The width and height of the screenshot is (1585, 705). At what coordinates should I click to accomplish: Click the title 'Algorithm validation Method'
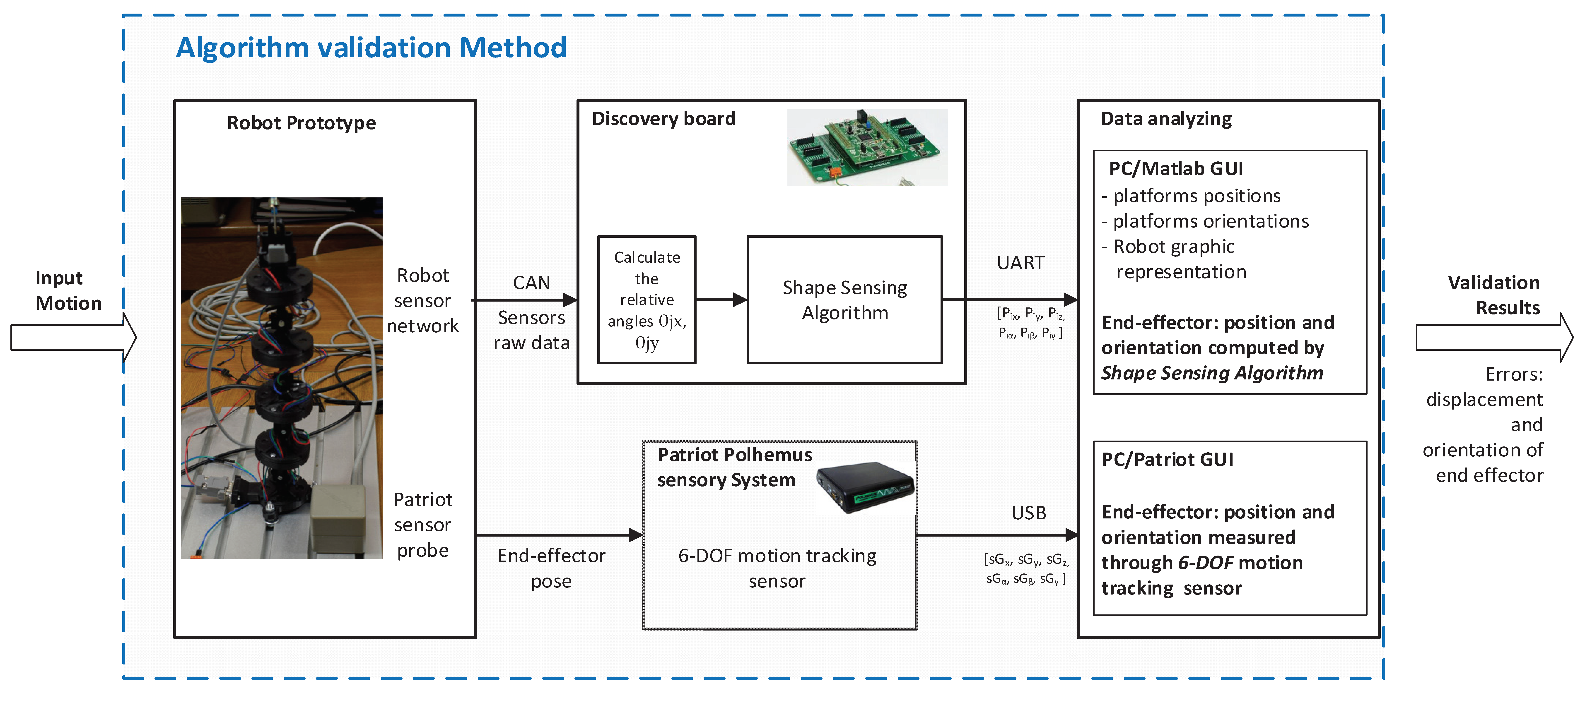coord(371,48)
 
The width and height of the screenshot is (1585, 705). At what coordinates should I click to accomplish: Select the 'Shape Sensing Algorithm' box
coord(844,300)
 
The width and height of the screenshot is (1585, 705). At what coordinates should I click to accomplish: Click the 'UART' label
coord(1020,263)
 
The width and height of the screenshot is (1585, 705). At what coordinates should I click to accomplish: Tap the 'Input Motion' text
coord(68,290)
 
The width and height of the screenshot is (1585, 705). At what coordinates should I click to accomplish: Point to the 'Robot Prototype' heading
coord(301,123)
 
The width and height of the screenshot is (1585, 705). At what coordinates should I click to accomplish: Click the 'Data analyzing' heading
coord(1166,119)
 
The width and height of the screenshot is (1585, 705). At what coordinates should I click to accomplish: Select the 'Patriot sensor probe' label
coord(423,525)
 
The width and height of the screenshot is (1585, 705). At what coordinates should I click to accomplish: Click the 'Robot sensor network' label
coord(423,301)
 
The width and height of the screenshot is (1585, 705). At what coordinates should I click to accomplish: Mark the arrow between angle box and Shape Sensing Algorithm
coord(721,300)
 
